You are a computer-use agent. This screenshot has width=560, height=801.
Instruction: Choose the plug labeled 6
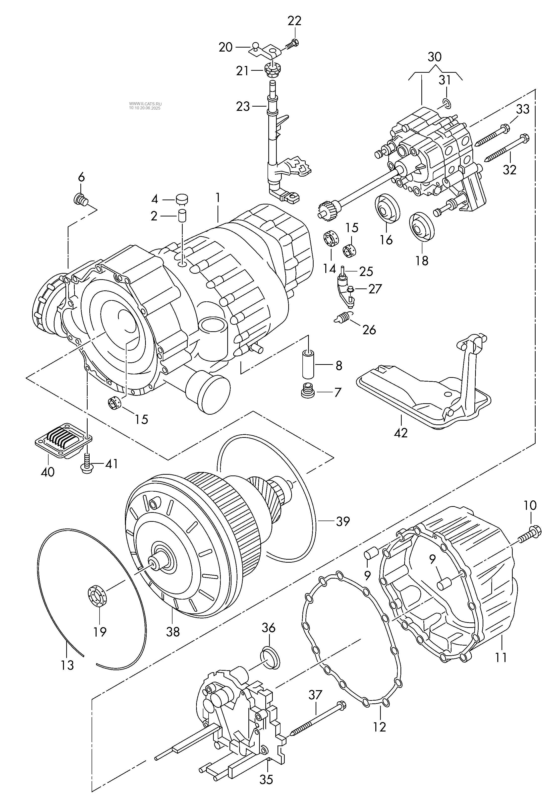tap(81, 200)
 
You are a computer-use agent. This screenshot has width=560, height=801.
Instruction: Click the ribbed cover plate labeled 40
tap(63, 439)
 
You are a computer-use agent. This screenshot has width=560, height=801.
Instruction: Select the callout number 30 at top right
tap(435, 57)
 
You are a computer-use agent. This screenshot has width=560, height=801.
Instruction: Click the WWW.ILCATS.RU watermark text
tap(145, 104)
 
